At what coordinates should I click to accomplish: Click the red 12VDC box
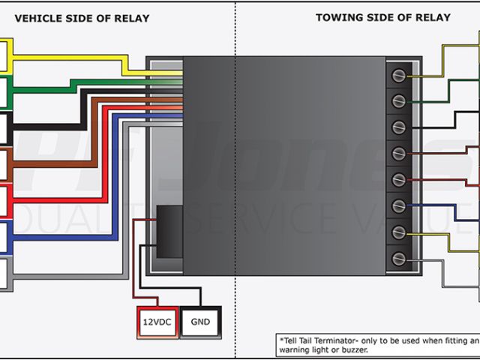pos(156,322)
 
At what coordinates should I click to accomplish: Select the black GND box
pos(200,322)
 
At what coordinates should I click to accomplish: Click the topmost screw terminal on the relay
pos(398,75)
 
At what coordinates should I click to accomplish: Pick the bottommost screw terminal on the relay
pos(398,259)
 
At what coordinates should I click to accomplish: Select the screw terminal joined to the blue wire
pos(398,206)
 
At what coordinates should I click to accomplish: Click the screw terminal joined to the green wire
pos(398,101)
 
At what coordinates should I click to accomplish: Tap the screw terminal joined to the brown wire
pos(398,154)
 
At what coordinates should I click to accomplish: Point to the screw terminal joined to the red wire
pos(398,180)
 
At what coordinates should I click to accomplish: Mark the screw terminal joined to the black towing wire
pos(398,127)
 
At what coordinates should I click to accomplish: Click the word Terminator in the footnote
pos(333,339)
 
